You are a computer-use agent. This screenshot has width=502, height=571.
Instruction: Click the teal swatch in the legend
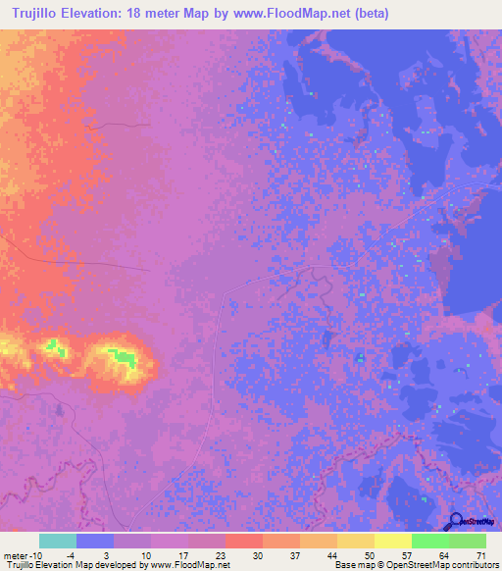click(x=58, y=541)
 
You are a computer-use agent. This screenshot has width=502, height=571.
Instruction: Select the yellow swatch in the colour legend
click(x=392, y=541)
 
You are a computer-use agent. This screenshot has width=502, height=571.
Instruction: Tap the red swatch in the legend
click(x=244, y=541)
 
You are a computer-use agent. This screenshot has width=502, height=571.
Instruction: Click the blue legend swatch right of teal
click(x=95, y=541)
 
